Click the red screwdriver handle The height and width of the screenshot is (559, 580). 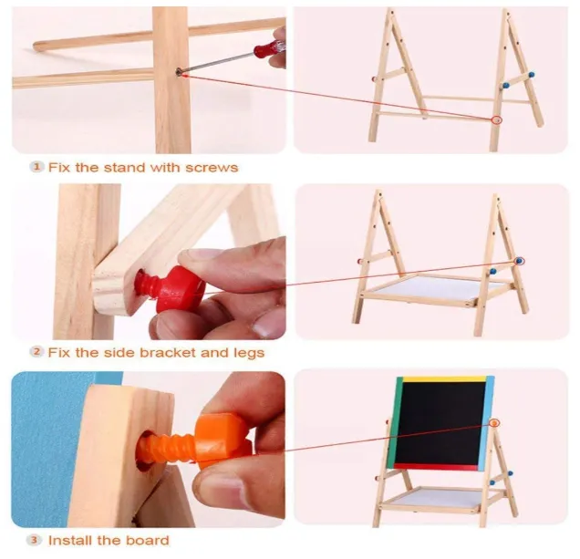(x=268, y=48)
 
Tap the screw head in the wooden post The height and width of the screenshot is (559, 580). (x=179, y=71)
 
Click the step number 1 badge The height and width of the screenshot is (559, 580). (x=36, y=167)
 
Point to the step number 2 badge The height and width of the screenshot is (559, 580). (x=36, y=352)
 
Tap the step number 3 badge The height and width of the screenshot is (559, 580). (x=34, y=540)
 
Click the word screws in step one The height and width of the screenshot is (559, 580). (x=212, y=168)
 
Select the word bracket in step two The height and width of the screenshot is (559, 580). (x=169, y=352)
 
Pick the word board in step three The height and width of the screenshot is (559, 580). (x=148, y=540)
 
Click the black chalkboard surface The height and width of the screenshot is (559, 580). (x=440, y=424)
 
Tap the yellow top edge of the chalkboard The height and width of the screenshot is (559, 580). (x=444, y=378)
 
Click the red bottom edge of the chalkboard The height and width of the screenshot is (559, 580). (x=437, y=467)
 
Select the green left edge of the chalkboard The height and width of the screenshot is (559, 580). (x=394, y=421)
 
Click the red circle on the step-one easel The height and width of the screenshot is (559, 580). (x=497, y=119)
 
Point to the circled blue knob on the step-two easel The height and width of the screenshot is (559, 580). (x=520, y=261)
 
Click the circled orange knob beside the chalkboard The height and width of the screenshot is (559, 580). (x=494, y=423)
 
